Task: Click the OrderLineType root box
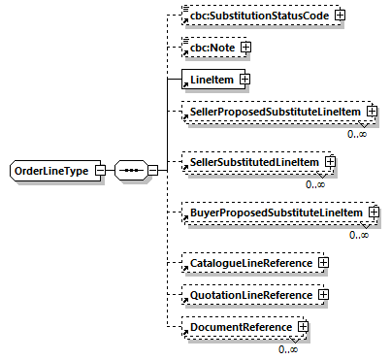click(x=50, y=171)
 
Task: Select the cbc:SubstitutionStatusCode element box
click(x=250, y=16)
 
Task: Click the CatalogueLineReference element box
click(x=243, y=262)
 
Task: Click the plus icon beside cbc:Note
click(x=245, y=46)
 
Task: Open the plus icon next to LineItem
click(x=245, y=79)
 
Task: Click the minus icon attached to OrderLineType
click(x=100, y=171)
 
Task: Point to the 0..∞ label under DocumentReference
click(x=288, y=349)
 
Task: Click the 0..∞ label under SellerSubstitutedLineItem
click(x=315, y=184)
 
